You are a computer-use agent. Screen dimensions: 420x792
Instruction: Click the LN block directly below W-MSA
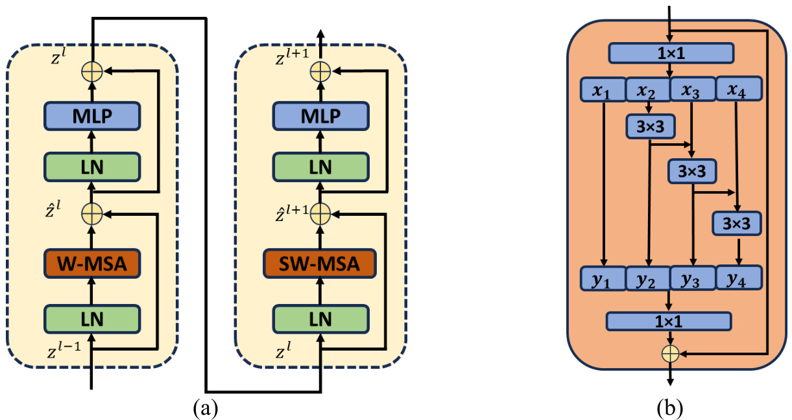coord(93,318)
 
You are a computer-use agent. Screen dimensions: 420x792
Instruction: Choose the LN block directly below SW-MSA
coord(320,318)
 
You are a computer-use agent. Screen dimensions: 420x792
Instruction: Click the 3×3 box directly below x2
coord(649,126)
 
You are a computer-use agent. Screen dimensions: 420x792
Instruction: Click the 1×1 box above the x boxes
coord(671,52)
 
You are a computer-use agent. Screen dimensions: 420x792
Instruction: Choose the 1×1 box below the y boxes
coord(669,321)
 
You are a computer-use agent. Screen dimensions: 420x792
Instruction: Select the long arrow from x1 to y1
coord(604,181)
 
